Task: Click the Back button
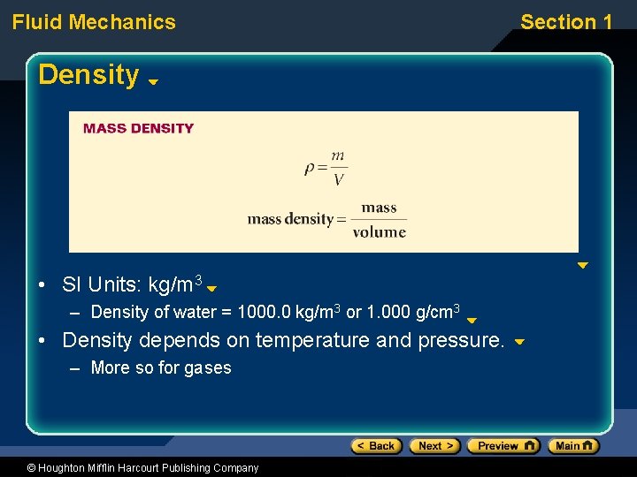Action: tap(376, 446)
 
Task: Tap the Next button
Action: tap(434, 446)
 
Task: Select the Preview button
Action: tap(503, 446)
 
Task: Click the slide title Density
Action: tap(88, 75)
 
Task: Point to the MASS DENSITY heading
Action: tap(138, 128)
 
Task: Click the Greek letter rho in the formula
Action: tap(310, 168)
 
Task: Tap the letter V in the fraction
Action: tap(338, 180)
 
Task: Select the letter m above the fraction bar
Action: tap(338, 156)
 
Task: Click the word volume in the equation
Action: tap(379, 232)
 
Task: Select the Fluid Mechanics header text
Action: tap(94, 22)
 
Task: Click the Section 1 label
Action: tap(566, 22)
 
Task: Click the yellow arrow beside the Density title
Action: tap(153, 81)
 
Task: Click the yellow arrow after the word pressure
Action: tap(519, 342)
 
